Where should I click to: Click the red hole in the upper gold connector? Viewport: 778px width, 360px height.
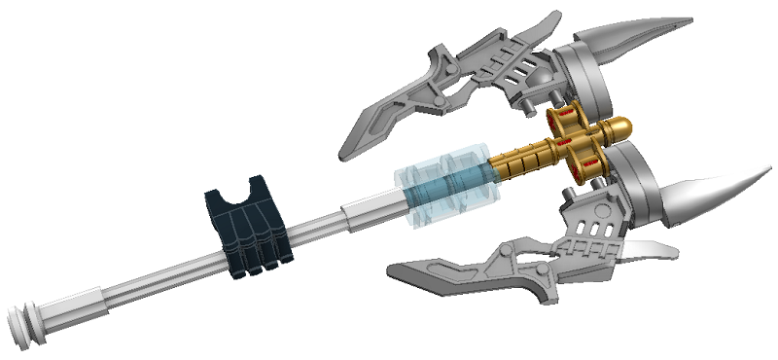click(562, 123)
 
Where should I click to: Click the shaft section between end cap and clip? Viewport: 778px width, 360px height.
click(136, 281)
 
